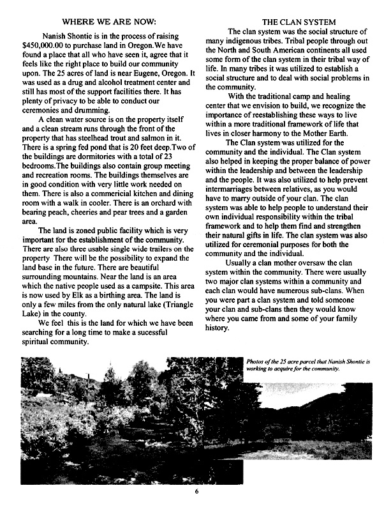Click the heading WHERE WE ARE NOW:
pos(107,23)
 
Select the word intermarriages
pos(247,193)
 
